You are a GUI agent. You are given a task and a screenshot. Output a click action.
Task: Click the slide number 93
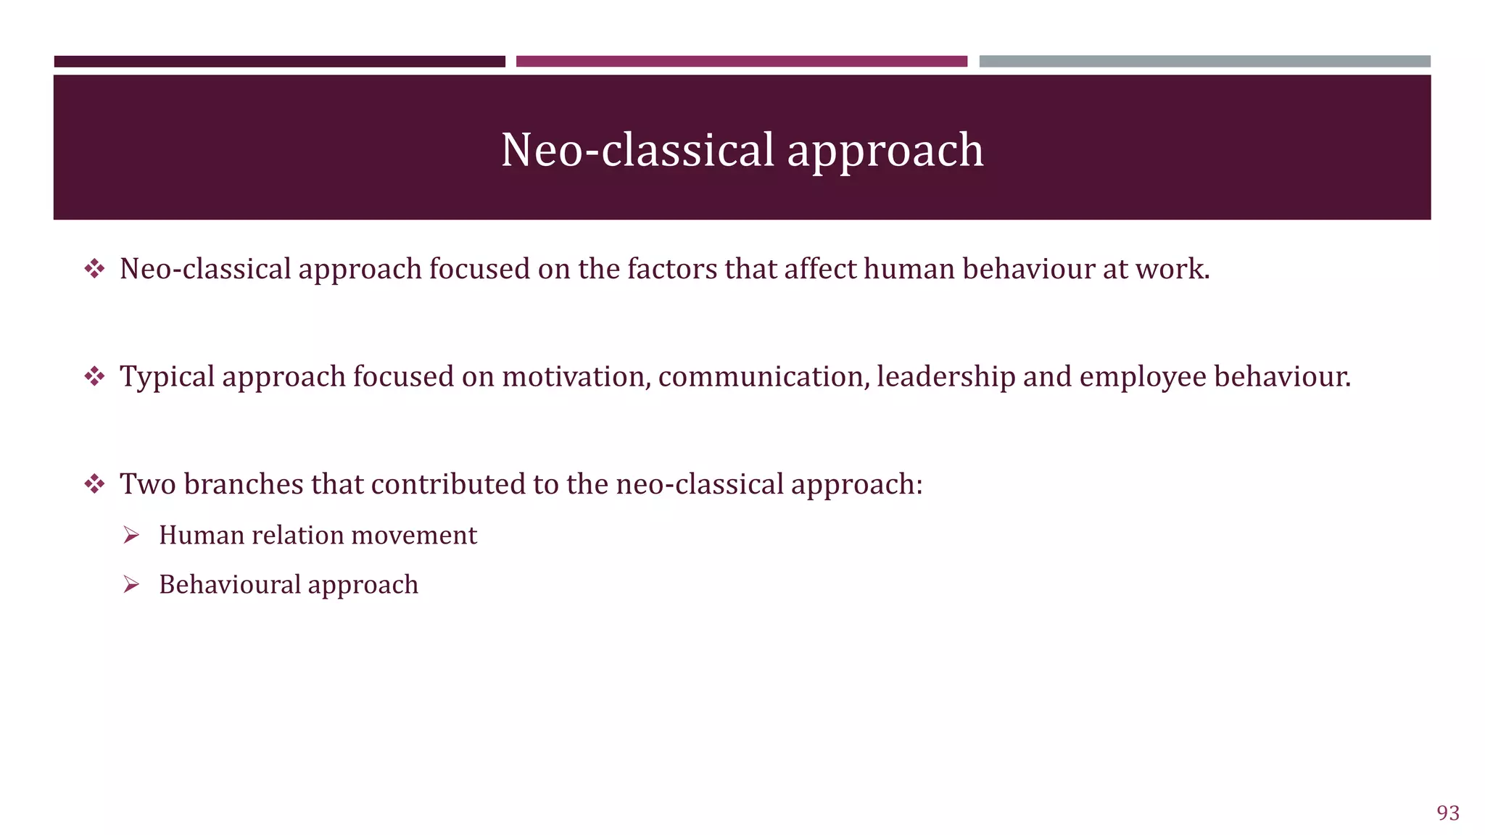point(1447,813)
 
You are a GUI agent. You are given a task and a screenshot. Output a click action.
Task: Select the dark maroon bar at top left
point(279,62)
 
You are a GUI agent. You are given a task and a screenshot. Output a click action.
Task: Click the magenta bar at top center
point(741,62)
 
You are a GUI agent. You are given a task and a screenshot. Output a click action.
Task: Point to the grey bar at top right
point(1204,62)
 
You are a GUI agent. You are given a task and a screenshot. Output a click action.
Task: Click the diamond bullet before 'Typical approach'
point(94,377)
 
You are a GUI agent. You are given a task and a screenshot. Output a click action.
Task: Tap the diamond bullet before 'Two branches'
point(94,484)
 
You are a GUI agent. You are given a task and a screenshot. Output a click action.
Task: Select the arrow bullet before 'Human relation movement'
point(131,536)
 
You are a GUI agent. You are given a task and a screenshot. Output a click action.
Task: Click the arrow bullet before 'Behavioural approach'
point(131,585)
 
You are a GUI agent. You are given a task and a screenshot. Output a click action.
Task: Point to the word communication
point(764,377)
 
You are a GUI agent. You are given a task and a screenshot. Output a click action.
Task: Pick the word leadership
point(946,377)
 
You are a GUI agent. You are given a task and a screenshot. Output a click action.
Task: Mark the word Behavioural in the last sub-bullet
point(229,585)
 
